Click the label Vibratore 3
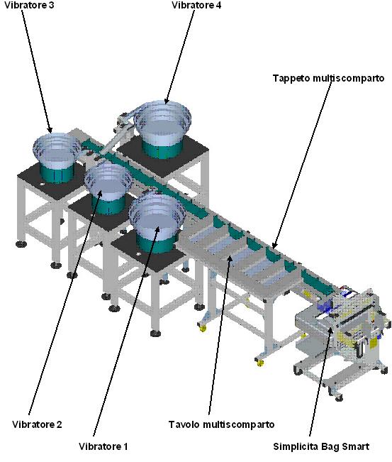[x=29, y=5]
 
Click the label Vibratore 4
[x=196, y=5]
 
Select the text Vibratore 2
[x=37, y=424]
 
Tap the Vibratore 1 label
[x=103, y=446]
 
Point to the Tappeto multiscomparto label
[x=328, y=78]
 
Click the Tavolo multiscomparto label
[x=221, y=424]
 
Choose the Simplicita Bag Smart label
[x=321, y=446]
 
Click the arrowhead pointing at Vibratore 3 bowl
[x=50, y=130]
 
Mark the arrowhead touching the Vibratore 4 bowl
[x=167, y=101]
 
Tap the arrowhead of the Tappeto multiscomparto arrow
[x=275, y=245]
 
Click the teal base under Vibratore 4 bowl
[x=163, y=149]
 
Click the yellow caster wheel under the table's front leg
[x=260, y=363]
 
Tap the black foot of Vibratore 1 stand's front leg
[x=155, y=334]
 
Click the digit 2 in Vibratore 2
[x=60, y=424]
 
